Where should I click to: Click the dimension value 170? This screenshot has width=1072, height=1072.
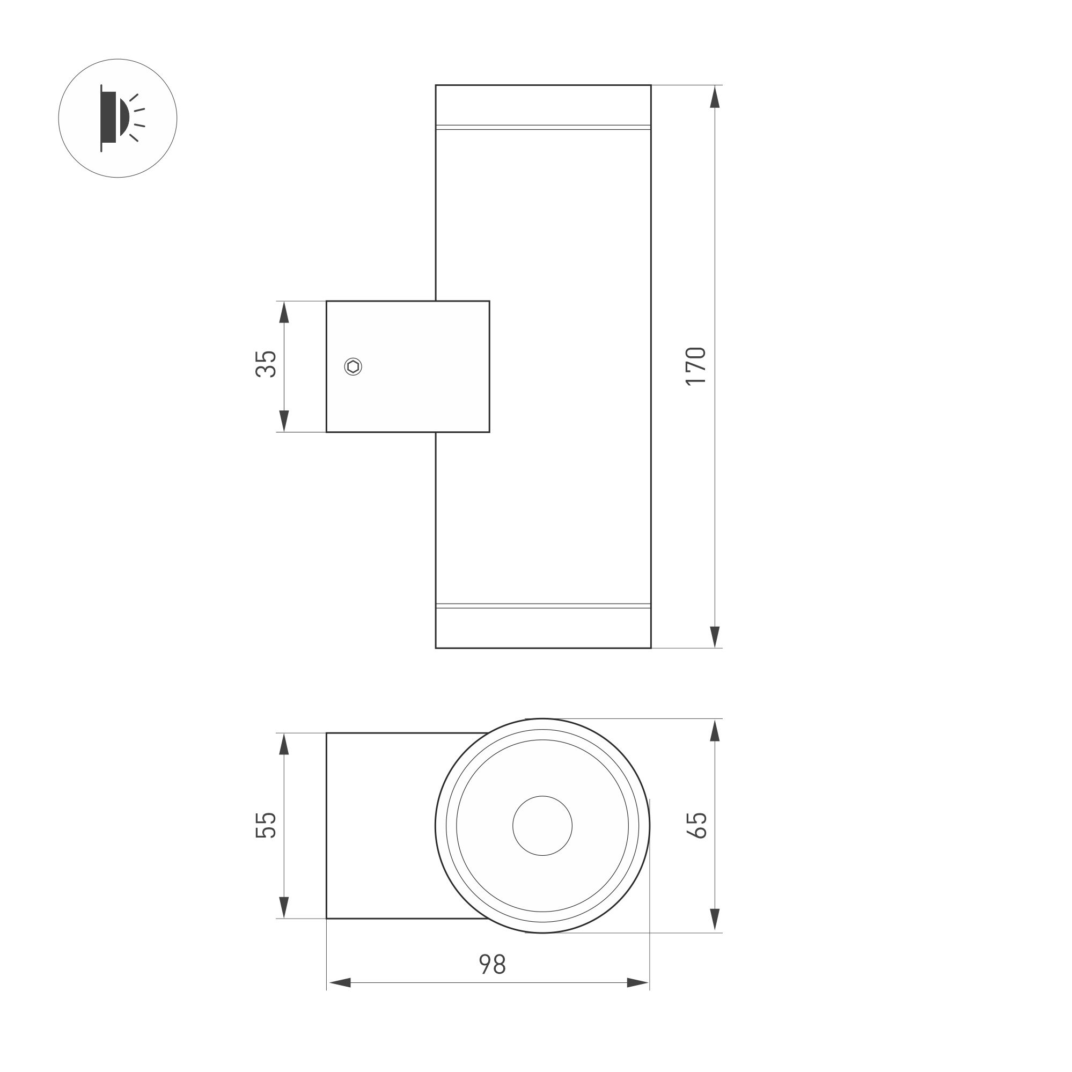point(695,366)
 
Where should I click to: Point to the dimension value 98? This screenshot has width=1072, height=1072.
point(492,965)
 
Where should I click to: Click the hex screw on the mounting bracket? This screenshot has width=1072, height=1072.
point(353,367)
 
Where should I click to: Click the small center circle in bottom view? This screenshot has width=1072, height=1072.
point(542,826)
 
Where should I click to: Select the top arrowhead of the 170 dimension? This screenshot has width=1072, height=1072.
point(715,97)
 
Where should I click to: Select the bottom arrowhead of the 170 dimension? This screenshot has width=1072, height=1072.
point(715,636)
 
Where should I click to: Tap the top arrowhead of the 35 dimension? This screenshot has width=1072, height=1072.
point(284,312)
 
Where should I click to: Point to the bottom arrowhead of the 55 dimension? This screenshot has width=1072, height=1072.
point(284,907)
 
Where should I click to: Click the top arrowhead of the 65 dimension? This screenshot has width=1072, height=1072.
point(715,731)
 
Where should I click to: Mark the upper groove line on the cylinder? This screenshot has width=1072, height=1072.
point(542,127)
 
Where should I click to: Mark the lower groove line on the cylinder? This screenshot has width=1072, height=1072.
point(542,605)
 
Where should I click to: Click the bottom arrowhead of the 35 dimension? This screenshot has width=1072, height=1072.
point(284,421)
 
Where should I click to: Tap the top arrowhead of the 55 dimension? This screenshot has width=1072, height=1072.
point(284,745)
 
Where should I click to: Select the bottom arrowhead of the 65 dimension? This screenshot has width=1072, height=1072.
point(715,920)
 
